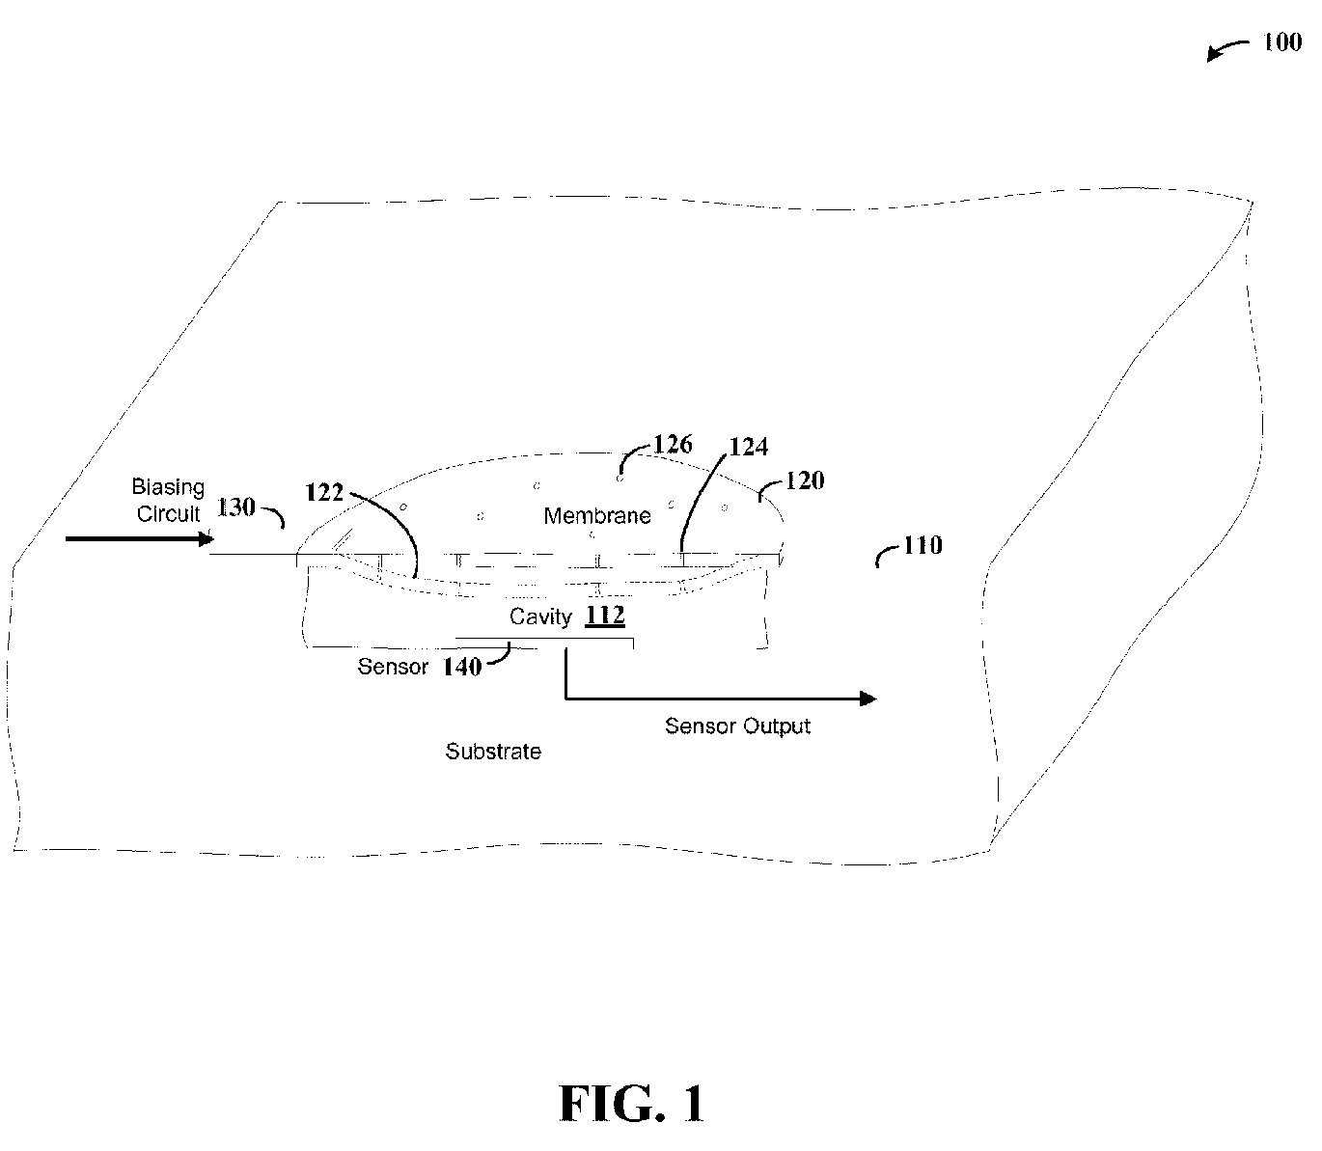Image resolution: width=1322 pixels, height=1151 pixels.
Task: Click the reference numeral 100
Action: pos(1281,42)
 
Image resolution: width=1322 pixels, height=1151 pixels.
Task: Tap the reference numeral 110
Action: pos(923,545)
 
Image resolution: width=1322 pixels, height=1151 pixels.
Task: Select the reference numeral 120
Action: pos(805,480)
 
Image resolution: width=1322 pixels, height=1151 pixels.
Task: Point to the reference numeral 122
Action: pos(323,492)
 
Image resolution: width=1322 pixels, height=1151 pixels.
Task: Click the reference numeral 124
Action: pos(748,447)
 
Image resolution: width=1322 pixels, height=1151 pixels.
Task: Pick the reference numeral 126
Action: pos(673,445)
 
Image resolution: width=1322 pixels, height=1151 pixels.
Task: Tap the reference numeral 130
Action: pos(235,507)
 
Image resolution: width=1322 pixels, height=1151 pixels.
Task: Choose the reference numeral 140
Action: pos(462,667)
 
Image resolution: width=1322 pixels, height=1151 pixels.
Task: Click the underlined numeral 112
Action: pos(605,615)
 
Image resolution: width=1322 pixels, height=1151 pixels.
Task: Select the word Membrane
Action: pos(597,515)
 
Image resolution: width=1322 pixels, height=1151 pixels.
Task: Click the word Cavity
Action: pos(540,617)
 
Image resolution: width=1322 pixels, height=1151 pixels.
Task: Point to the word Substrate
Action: pos(493,752)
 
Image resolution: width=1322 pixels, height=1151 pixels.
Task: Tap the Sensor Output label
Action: pos(737,726)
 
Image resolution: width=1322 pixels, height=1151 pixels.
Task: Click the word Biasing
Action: pos(168,487)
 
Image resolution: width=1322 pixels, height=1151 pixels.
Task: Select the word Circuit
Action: pos(168,514)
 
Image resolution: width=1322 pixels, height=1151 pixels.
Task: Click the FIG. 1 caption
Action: pos(631,1105)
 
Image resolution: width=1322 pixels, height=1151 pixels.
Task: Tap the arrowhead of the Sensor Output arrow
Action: pos(868,699)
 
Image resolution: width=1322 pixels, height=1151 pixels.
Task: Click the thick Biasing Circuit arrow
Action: pos(140,538)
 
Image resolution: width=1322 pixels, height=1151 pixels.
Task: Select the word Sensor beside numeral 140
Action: pos(393,667)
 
